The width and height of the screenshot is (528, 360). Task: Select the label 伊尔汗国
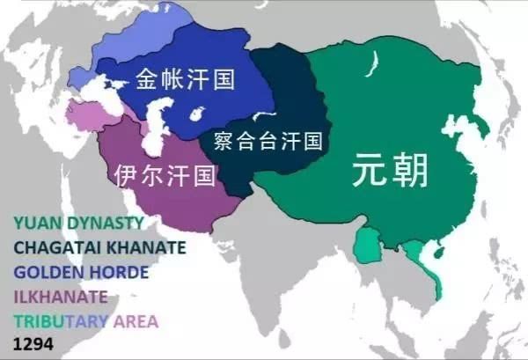[x=165, y=175]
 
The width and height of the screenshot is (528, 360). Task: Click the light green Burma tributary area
[x=365, y=244]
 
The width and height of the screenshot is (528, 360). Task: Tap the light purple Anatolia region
[x=83, y=114]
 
